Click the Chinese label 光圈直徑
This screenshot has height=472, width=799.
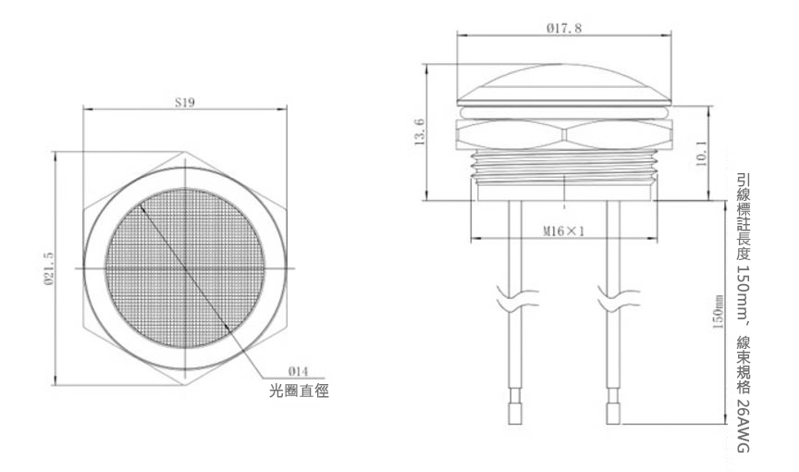point(299,391)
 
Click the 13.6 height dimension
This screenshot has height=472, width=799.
point(420,134)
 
